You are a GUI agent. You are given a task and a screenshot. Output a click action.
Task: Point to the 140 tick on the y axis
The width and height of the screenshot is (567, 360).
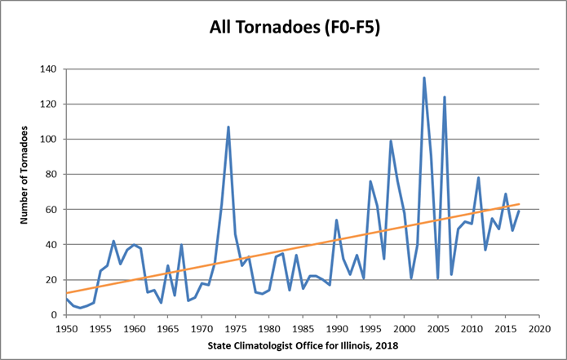pyautogui.click(x=55, y=69)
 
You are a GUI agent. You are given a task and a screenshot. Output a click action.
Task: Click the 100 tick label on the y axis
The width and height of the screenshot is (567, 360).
pyautogui.click(x=55, y=140)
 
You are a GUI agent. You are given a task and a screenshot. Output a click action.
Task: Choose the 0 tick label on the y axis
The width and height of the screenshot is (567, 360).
pyautogui.click(x=60, y=315)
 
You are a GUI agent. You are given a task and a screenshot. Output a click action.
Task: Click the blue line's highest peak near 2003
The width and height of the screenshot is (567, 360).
pyautogui.click(x=424, y=78)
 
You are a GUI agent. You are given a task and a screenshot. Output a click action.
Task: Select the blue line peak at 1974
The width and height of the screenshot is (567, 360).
pyautogui.click(x=228, y=127)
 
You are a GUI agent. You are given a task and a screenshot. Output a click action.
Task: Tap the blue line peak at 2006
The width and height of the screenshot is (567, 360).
pyautogui.click(x=445, y=97)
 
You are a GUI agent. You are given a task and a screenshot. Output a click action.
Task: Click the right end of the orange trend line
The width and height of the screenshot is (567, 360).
pyautogui.click(x=519, y=204)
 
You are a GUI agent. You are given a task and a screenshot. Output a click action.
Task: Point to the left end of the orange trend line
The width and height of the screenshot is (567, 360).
pyautogui.click(x=67, y=293)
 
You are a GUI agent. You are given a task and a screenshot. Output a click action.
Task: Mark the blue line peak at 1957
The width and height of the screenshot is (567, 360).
pyautogui.click(x=114, y=241)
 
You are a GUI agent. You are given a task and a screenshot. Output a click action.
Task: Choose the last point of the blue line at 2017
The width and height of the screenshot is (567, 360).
pyautogui.click(x=519, y=211)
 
